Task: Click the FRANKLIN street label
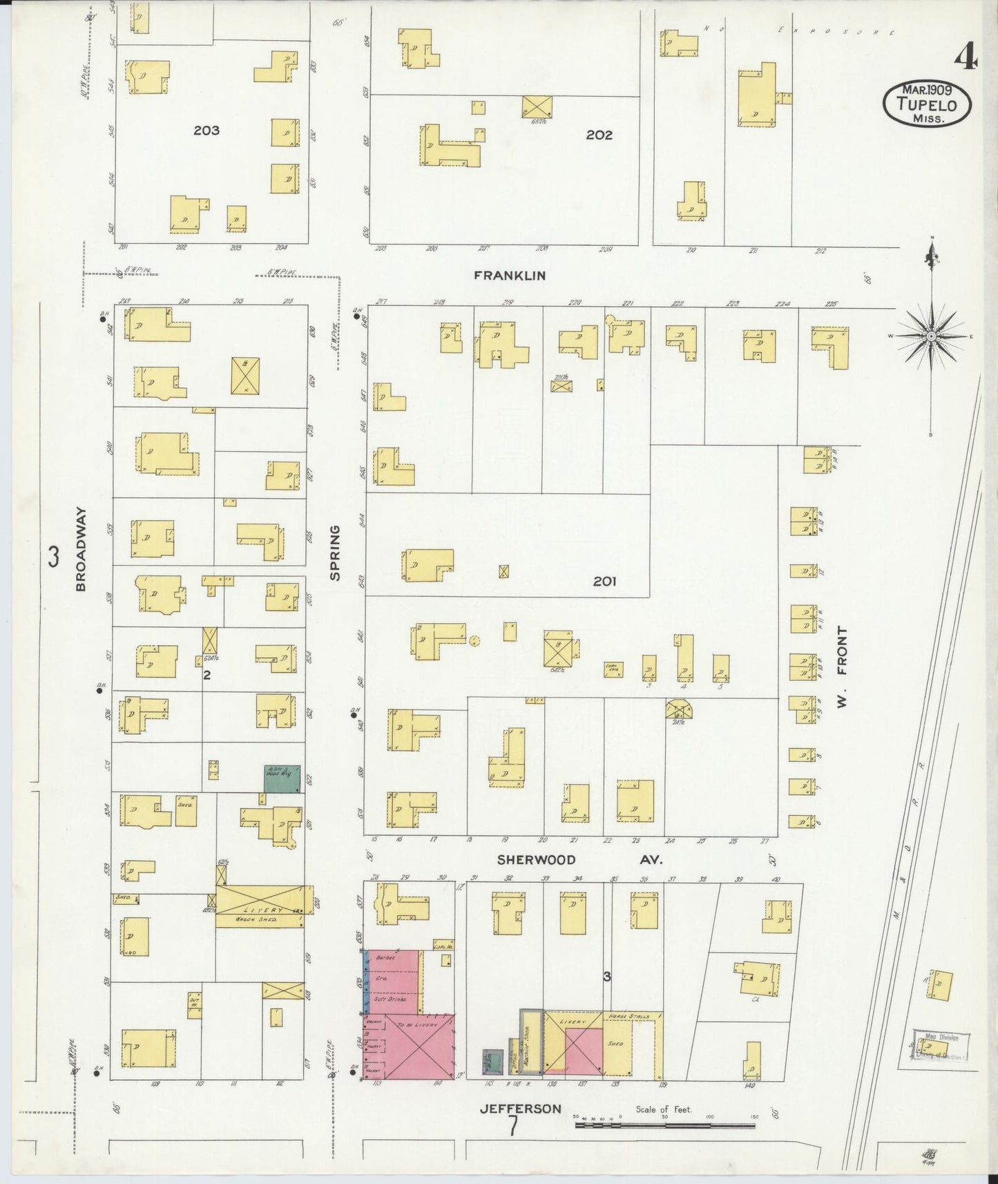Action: pyautogui.click(x=510, y=275)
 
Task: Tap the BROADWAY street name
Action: pyautogui.click(x=81, y=549)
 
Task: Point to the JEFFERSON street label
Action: pyautogui.click(x=521, y=1109)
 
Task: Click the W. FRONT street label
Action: pyautogui.click(x=841, y=667)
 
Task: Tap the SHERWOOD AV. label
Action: pyautogui.click(x=579, y=859)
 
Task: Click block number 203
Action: pyautogui.click(x=206, y=130)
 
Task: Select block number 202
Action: pyautogui.click(x=599, y=135)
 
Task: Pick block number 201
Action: pyautogui.click(x=604, y=582)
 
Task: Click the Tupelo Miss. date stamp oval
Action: pyautogui.click(x=928, y=104)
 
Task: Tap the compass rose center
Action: pyautogui.click(x=931, y=336)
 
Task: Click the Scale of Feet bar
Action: pyautogui.click(x=664, y=1125)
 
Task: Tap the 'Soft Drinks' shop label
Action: pyautogui.click(x=391, y=999)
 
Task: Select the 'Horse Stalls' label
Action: pyautogui.click(x=629, y=1016)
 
